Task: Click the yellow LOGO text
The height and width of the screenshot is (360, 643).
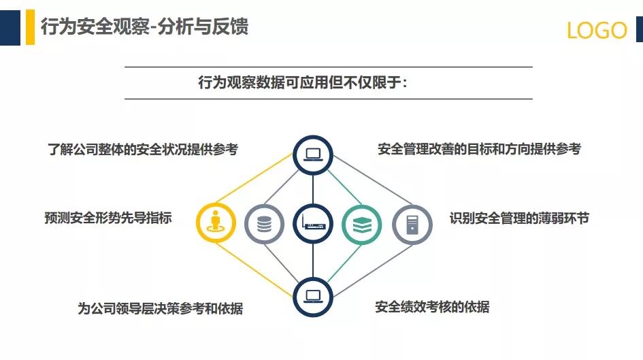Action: click(597, 31)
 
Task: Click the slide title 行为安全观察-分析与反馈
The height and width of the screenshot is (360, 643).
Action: click(144, 27)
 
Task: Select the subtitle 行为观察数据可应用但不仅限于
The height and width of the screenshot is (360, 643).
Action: click(302, 83)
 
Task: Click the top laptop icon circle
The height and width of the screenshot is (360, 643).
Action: click(313, 154)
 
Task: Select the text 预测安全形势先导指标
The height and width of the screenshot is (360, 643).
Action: click(108, 218)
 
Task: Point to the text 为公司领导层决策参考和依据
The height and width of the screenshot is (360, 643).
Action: click(160, 308)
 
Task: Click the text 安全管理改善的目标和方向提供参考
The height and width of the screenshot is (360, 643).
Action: click(479, 149)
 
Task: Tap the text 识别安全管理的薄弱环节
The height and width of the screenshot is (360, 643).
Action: click(518, 218)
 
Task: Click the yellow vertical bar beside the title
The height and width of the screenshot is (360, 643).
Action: click(30, 27)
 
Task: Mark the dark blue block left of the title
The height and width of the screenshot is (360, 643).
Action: click(10, 27)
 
